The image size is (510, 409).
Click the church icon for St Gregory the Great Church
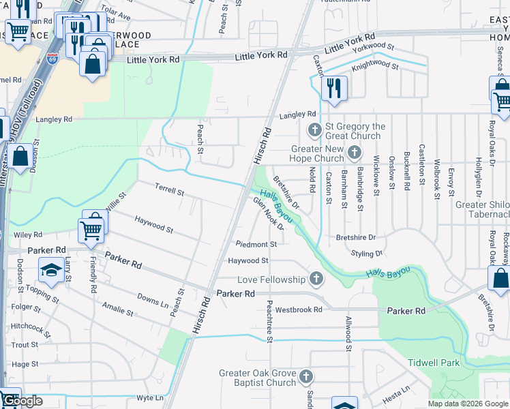(315, 130)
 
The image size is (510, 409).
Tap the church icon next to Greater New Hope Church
(354, 152)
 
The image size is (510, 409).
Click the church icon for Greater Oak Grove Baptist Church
(306, 376)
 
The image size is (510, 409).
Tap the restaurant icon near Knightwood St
(333, 89)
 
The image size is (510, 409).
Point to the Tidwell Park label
(433, 363)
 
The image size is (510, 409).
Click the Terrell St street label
(169, 189)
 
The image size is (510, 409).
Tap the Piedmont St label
(256, 244)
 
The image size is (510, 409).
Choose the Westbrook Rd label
(299, 309)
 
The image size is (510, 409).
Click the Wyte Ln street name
(150, 397)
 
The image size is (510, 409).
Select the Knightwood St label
(374, 66)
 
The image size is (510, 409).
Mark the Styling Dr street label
(367, 254)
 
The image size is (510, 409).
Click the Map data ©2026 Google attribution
(468, 404)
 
